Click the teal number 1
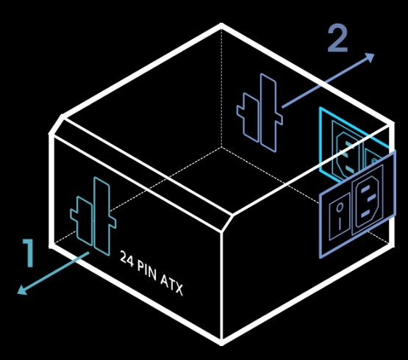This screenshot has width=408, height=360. coord(29,253)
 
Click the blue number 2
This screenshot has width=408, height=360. coord(337,38)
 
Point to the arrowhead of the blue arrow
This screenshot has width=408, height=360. coord(369,58)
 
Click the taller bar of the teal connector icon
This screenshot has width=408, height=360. coord(102,217)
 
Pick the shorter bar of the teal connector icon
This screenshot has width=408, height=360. coord(84,221)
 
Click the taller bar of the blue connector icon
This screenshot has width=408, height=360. coord(268,113)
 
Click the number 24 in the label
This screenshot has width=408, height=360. coord(126,259)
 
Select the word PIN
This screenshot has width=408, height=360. coord(147,271)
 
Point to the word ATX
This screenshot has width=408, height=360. coord(171,284)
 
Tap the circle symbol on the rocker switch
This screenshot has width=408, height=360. coord(340,207)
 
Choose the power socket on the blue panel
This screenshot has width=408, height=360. coord(367,200)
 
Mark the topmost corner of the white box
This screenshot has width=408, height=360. coord(221,24)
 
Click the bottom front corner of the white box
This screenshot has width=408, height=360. coord(221,343)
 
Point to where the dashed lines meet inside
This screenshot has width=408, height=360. coord(221,148)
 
